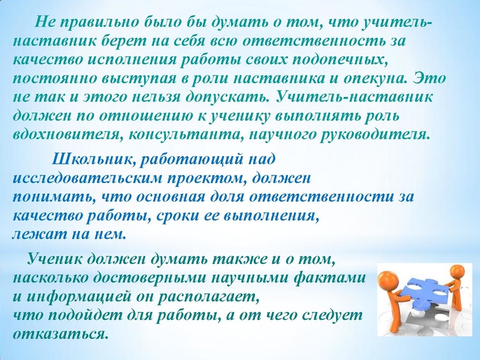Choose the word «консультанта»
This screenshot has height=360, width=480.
(169, 134)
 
